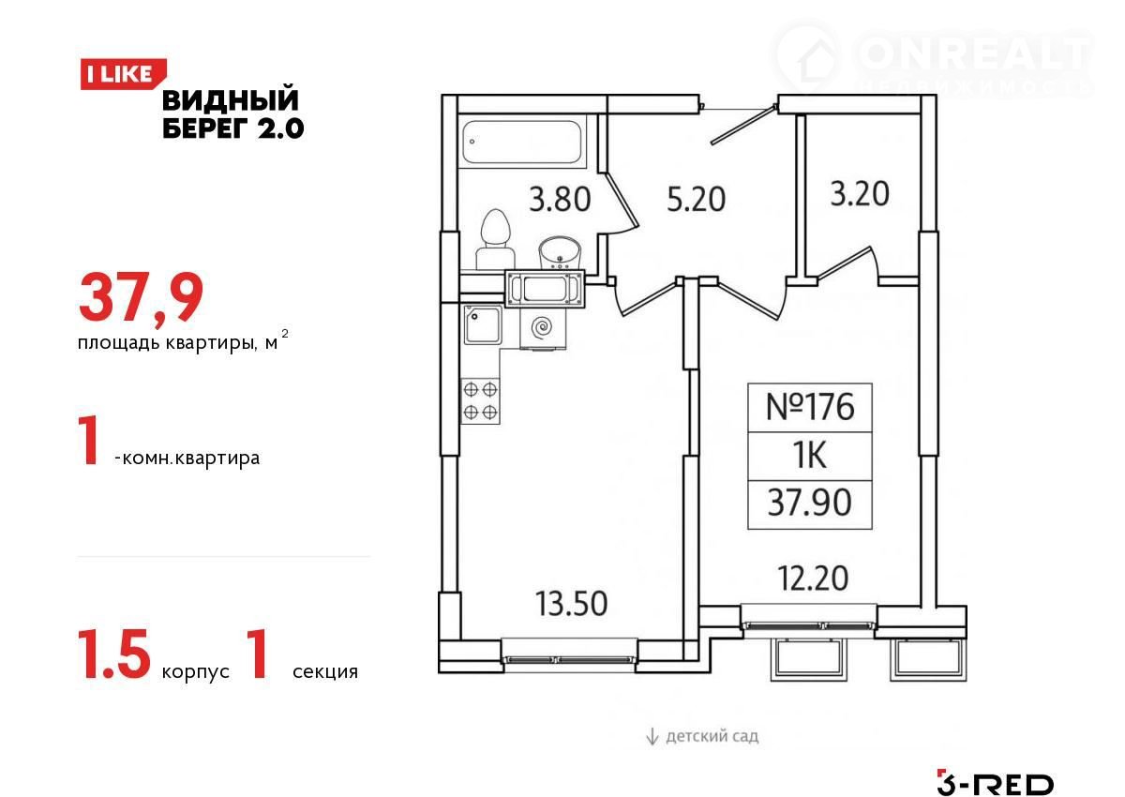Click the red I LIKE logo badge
[x=123, y=74]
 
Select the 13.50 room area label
[x=572, y=603]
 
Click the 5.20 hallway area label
[x=696, y=199]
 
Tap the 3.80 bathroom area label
[x=560, y=199]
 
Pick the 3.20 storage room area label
[x=860, y=194]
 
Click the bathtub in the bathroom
[x=522, y=142]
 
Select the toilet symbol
[x=495, y=240]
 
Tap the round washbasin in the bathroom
[x=560, y=253]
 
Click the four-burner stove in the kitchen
[x=480, y=401]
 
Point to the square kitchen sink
[x=483, y=325]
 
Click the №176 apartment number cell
[x=810, y=407]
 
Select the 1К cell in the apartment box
[x=810, y=456]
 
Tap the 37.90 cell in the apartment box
[x=810, y=504]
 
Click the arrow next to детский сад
[x=652, y=736]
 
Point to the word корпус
[x=195, y=672]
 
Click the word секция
[x=325, y=671]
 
